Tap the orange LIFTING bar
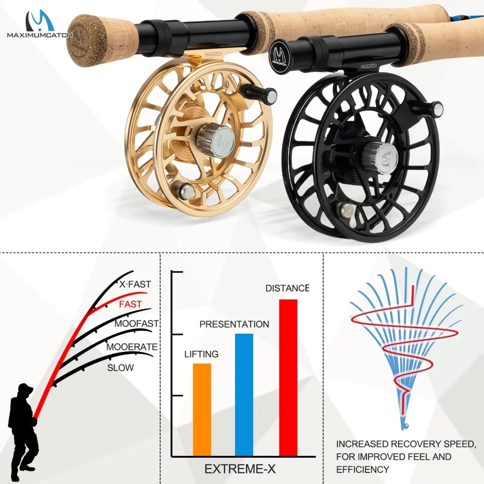pyautogui.click(x=202, y=409)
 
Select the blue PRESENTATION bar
pyautogui.click(x=244, y=395)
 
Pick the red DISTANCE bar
pyautogui.click(x=288, y=378)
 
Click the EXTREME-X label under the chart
pyautogui.click(x=240, y=469)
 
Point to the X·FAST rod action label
pyautogui.click(x=135, y=284)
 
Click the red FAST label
pyautogui.click(x=130, y=305)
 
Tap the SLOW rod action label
pyautogui.click(x=120, y=368)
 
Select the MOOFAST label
pyautogui.click(x=137, y=324)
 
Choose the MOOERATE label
pyautogui.click(x=132, y=347)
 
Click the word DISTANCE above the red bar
pyautogui.click(x=287, y=288)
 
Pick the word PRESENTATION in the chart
pyautogui.click(x=234, y=324)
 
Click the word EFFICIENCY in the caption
pyautogui.click(x=362, y=469)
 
